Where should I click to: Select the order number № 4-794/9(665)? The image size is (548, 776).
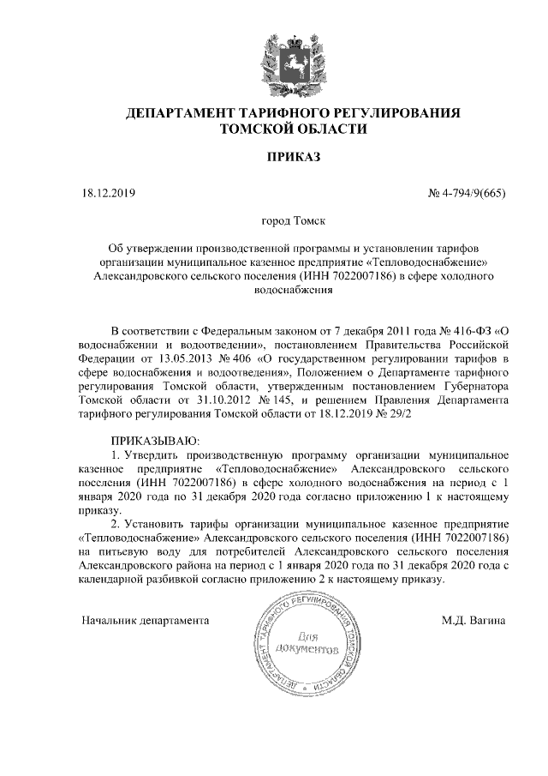pyautogui.click(x=467, y=195)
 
